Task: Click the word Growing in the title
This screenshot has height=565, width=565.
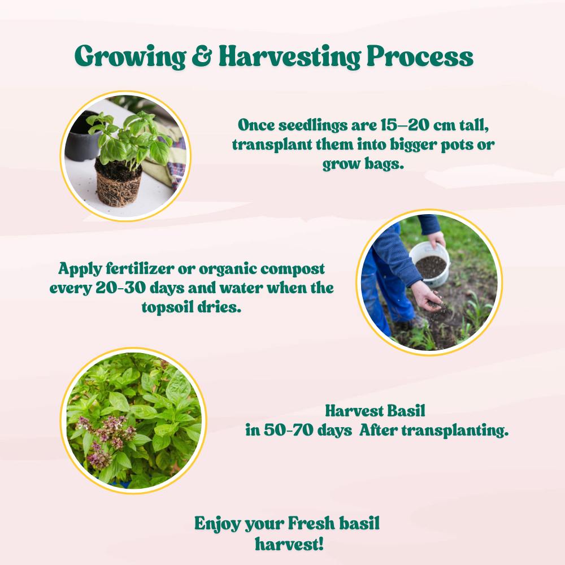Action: pyautogui.click(x=130, y=57)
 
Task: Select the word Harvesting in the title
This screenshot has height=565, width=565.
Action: pyautogui.click(x=289, y=57)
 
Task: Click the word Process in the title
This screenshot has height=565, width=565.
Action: pyautogui.click(x=420, y=56)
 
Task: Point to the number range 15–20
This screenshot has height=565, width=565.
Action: pyautogui.click(x=405, y=125)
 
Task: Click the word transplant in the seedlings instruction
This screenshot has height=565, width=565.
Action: pyautogui.click(x=272, y=145)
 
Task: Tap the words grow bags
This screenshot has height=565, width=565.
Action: pyautogui.click(x=363, y=164)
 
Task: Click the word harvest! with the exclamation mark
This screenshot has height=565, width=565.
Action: pyautogui.click(x=289, y=543)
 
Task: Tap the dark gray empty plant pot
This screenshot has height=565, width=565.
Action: pyautogui.click(x=82, y=137)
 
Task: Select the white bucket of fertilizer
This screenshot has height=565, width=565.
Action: pyautogui.click(x=430, y=264)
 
